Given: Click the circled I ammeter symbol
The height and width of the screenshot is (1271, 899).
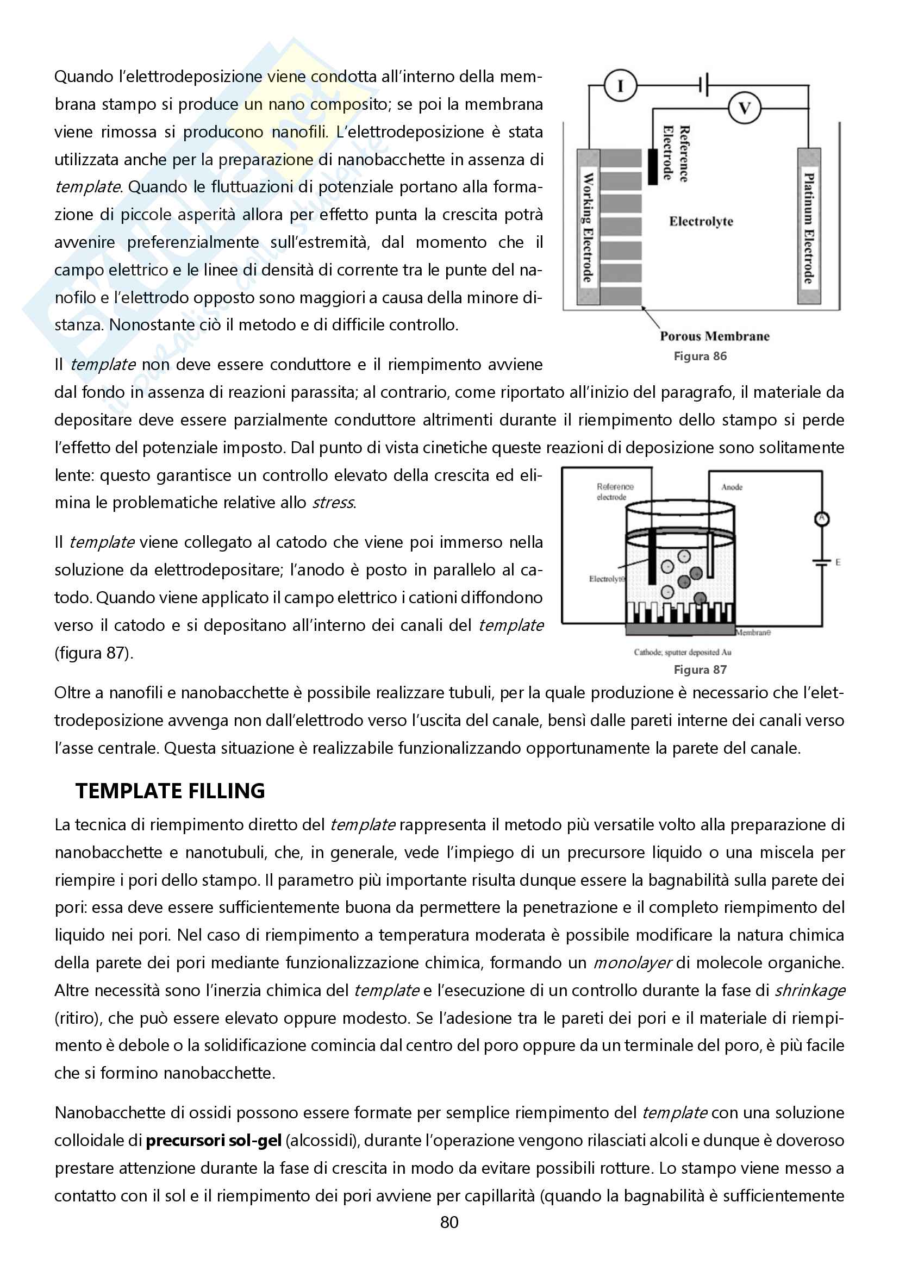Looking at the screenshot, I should (620, 86).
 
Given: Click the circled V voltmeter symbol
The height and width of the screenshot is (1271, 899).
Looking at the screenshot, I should (744, 108).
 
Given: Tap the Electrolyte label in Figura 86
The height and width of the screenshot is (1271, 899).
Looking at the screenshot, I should (701, 221).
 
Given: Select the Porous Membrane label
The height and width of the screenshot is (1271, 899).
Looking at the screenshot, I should (714, 336).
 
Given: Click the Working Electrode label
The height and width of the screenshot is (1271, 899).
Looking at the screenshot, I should (588, 227).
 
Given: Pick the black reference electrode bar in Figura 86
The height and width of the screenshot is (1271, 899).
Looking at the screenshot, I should (653, 166).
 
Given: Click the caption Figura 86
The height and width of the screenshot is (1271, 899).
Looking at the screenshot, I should (700, 356).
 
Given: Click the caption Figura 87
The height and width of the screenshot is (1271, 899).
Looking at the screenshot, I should (700, 669).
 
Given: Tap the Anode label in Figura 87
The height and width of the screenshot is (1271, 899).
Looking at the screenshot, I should (731, 487).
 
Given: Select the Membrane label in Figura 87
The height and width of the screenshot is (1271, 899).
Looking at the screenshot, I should (753, 632).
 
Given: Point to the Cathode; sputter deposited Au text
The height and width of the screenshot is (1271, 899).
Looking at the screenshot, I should (682, 652).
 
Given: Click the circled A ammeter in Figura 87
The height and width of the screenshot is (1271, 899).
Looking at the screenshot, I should (821, 519).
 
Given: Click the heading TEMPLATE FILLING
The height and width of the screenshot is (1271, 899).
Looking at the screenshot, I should (170, 791).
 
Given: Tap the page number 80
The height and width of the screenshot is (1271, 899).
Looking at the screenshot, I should (449, 1222).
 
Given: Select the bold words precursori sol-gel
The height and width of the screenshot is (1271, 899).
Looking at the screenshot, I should (214, 1141).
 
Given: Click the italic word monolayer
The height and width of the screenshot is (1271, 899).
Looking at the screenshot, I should (633, 963).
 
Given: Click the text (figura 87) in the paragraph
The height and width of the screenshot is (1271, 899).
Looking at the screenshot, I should (93, 653).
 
